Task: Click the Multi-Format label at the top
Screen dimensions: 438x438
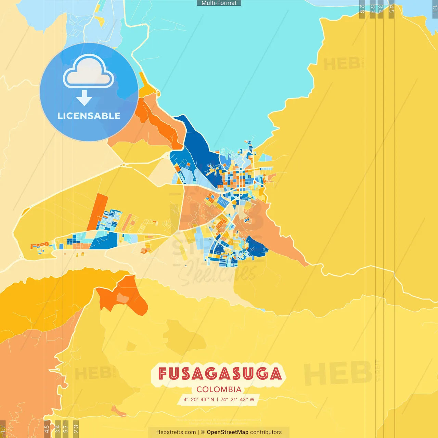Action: (x=219, y=3)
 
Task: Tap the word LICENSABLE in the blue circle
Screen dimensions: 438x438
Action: (x=89, y=116)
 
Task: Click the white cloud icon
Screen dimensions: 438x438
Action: (x=89, y=73)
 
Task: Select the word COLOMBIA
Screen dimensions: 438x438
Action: (x=219, y=389)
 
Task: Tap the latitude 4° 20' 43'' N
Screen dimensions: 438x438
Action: (x=199, y=399)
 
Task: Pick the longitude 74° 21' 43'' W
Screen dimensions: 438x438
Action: (x=237, y=399)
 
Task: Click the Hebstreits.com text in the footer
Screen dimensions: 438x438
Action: (x=176, y=432)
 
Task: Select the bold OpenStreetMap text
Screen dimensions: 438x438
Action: (x=228, y=432)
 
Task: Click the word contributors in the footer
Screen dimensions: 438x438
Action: (x=266, y=432)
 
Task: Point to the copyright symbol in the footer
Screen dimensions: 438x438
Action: (x=203, y=432)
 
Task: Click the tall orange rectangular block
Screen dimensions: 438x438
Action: (x=98, y=212)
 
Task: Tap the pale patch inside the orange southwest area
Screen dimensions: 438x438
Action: (x=122, y=298)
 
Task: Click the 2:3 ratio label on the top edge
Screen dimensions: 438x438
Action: (x=362, y=9)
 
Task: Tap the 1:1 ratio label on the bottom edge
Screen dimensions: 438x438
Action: (x=3, y=429)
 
